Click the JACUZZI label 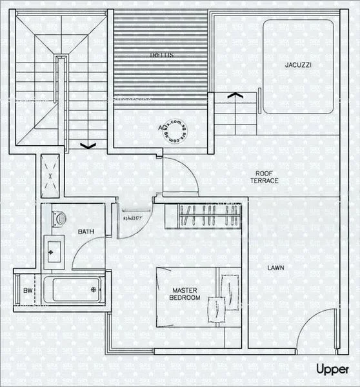click(299, 64)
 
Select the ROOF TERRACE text click(265, 177)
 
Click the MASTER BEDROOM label click(185, 294)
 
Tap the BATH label click(86, 231)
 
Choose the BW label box click(28, 291)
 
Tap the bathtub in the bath click(75, 290)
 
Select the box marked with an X click(52, 175)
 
